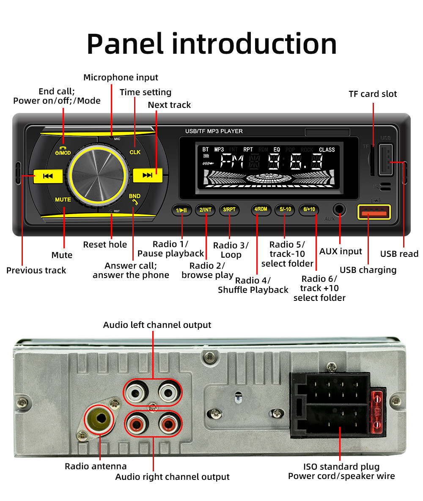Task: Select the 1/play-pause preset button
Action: click(182, 209)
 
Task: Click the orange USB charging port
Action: click(374, 212)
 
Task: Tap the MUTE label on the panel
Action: click(63, 199)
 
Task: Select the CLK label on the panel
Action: click(135, 152)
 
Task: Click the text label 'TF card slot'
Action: click(373, 94)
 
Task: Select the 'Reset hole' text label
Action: click(105, 245)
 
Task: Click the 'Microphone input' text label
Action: click(121, 77)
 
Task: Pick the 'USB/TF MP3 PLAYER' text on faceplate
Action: click(214, 131)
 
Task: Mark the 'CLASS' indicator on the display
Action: click(327, 150)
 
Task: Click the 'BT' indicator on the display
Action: click(206, 150)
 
